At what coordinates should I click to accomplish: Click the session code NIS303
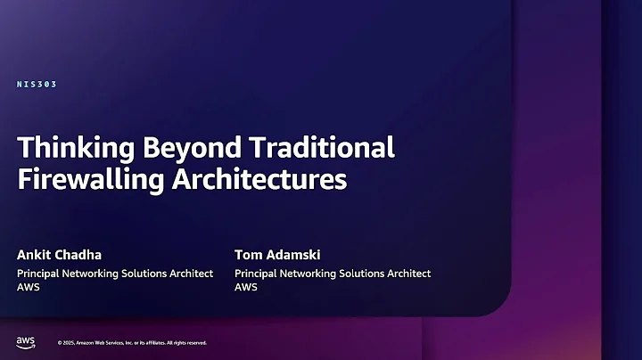tap(37, 85)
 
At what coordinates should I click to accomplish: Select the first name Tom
tap(248, 255)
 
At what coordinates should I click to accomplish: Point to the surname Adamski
tap(295, 255)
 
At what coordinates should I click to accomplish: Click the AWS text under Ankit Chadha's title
tap(29, 288)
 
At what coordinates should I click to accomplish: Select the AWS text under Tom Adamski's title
tap(246, 288)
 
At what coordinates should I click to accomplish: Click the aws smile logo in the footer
tap(25, 342)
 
